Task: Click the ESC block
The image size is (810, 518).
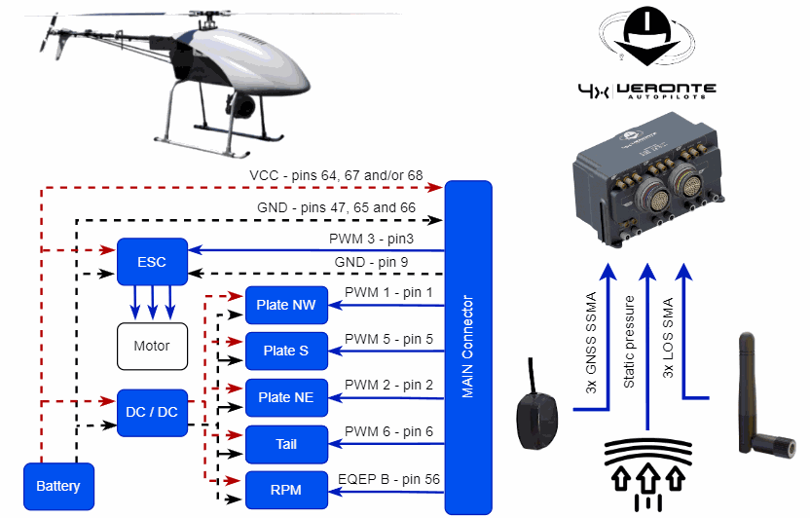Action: pyautogui.click(x=152, y=262)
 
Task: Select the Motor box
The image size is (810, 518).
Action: pyautogui.click(x=152, y=346)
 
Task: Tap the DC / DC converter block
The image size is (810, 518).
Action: pyautogui.click(x=153, y=411)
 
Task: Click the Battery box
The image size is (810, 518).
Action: pyautogui.click(x=58, y=486)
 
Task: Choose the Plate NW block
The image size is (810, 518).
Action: pyautogui.click(x=285, y=305)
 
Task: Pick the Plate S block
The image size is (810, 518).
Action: pyautogui.click(x=285, y=351)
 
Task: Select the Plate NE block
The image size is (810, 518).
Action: pyautogui.click(x=285, y=397)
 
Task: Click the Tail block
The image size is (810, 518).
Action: pyautogui.click(x=285, y=444)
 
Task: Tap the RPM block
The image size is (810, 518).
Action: pyautogui.click(x=285, y=491)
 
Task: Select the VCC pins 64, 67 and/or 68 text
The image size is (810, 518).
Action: pyautogui.click(x=336, y=176)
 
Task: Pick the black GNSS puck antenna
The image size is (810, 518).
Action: pyautogui.click(x=536, y=414)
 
